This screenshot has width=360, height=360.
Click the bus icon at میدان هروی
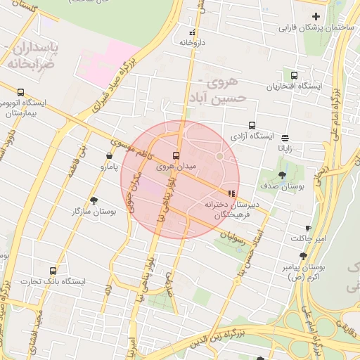click(175, 155)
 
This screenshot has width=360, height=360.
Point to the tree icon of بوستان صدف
click(282, 176)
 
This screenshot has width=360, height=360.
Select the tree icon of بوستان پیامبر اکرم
click(303, 257)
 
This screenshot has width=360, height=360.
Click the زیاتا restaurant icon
click(284, 139)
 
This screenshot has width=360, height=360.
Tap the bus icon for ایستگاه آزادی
click(252, 126)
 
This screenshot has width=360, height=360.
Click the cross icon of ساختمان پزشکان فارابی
click(316, 16)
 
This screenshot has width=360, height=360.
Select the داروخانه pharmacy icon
click(192, 32)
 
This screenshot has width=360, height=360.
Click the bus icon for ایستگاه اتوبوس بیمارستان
click(20, 92)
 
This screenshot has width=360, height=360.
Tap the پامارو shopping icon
click(109, 156)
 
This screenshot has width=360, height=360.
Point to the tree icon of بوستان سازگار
click(94, 200)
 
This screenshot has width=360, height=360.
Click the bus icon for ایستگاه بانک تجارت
click(53, 271)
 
